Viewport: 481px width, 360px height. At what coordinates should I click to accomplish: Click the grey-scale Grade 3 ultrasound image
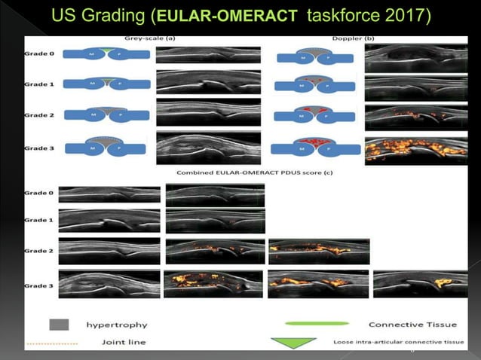pos(208,147)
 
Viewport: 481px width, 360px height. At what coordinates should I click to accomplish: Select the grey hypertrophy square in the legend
pos(59,325)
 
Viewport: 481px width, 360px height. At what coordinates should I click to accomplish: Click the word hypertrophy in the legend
pos(117,325)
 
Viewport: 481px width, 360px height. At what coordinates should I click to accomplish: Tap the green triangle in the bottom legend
pos(294,343)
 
